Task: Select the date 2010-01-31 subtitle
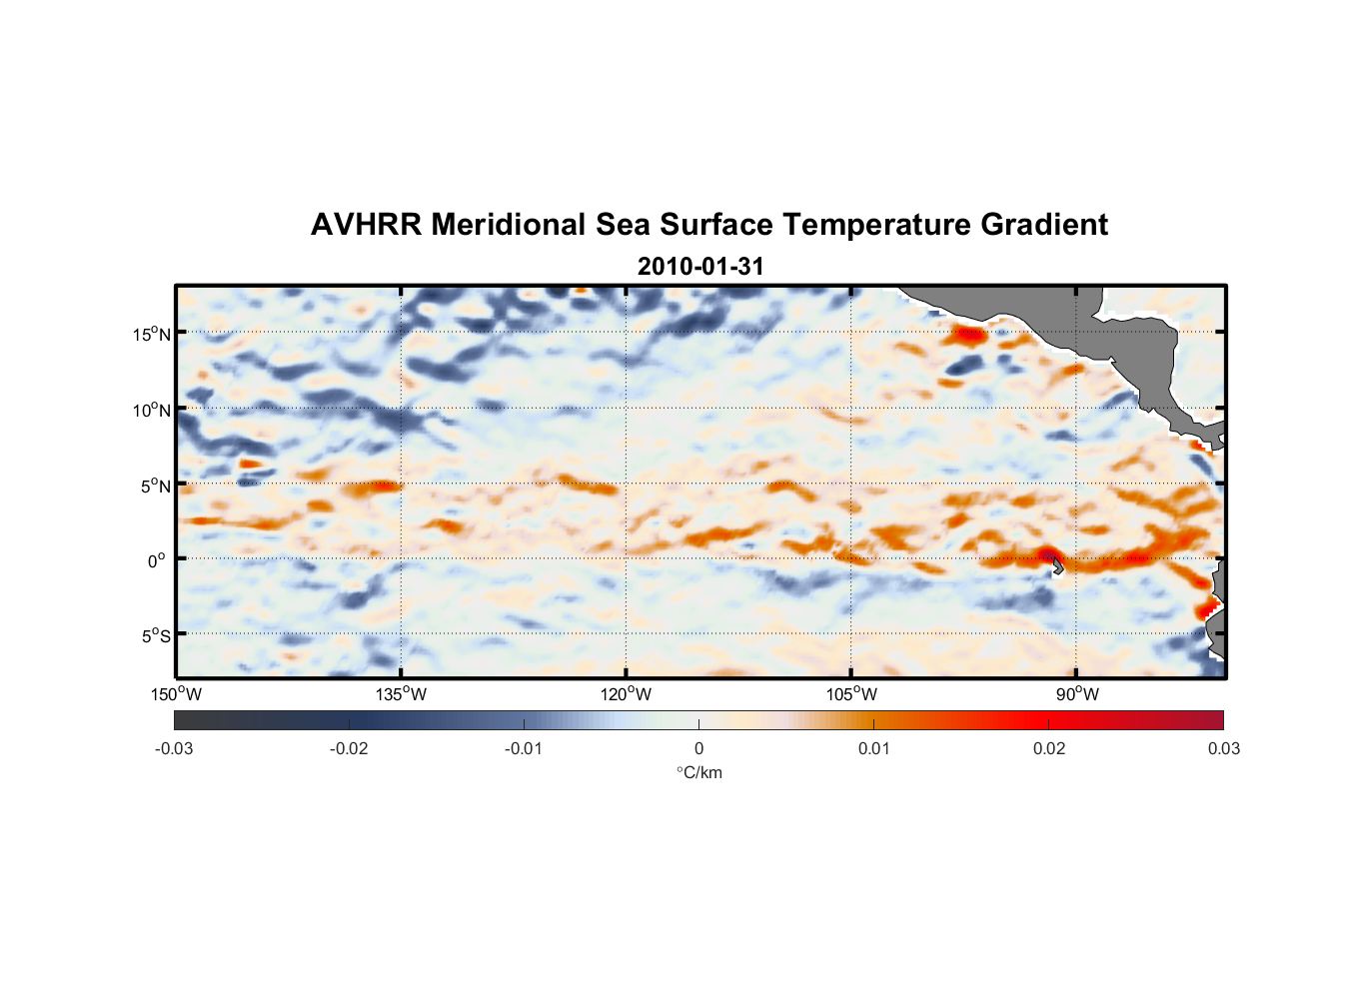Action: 700,267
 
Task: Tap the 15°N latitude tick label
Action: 152,334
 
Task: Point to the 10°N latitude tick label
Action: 152,410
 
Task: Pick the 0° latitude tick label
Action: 157,560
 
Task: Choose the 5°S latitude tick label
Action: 155,636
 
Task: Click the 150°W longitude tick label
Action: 176,694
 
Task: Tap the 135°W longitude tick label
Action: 401,694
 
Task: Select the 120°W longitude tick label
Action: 626,694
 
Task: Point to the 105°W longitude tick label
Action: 851,694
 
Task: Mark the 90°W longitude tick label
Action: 1077,694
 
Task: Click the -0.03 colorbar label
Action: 174,748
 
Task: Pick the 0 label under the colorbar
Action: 698,748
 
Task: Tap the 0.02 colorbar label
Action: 1049,748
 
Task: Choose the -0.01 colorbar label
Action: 524,748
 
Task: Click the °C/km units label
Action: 699,772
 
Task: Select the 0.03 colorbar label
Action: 1223,748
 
